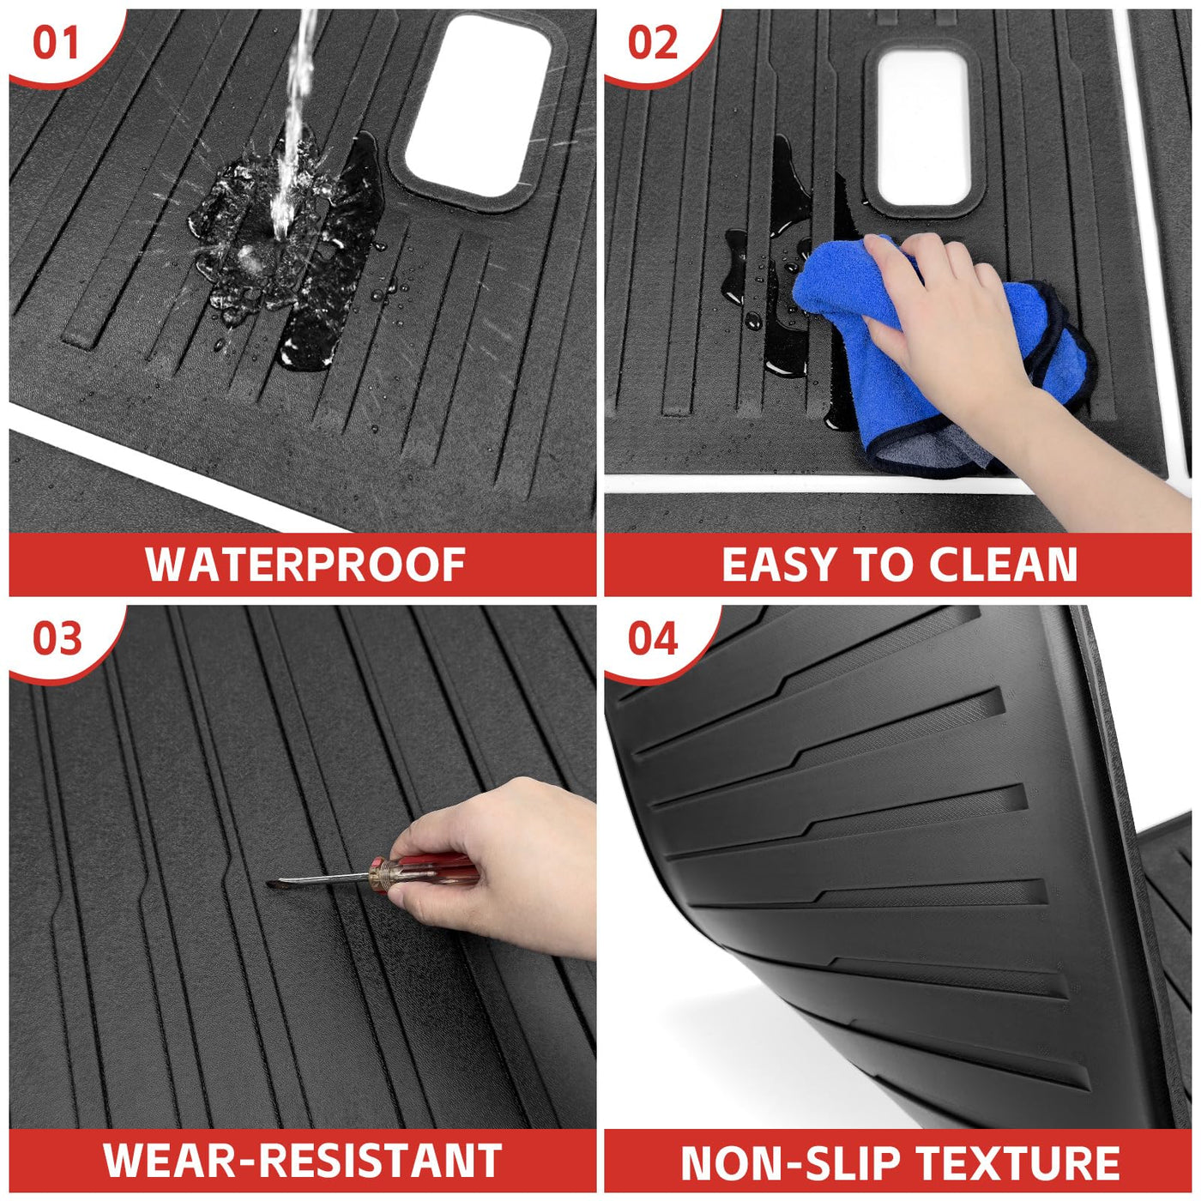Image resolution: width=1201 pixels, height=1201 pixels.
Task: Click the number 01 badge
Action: (56, 44)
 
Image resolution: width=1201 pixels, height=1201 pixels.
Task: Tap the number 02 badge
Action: (653, 44)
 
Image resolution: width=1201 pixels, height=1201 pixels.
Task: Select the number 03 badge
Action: (57, 639)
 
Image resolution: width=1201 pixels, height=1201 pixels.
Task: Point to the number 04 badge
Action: (653, 639)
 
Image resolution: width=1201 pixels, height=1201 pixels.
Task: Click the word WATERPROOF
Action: (305, 565)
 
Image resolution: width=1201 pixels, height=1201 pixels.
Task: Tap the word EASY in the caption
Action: (777, 565)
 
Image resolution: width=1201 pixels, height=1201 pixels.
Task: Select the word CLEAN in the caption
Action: (1003, 565)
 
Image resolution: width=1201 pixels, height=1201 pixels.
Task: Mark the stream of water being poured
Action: (293, 118)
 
